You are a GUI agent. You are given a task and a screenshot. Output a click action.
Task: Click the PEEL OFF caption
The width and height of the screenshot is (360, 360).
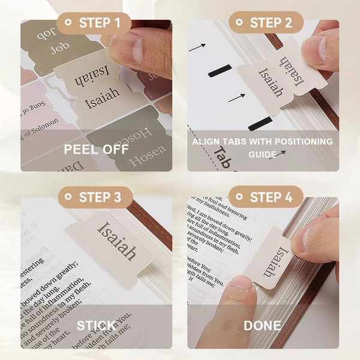pyautogui.click(x=96, y=148)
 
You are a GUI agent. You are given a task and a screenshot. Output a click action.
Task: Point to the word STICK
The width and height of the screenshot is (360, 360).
pyautogui.click(x=96, y=326)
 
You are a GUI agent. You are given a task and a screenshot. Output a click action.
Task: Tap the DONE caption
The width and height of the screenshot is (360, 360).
pyautogui.click(x=263, y=326)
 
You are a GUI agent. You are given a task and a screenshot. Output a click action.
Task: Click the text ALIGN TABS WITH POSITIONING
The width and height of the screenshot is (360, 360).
pyautogui.click(x=262, y=142)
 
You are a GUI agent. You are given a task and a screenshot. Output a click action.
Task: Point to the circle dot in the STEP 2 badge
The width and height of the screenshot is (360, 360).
pyautogui.click(x=239, y=23)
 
